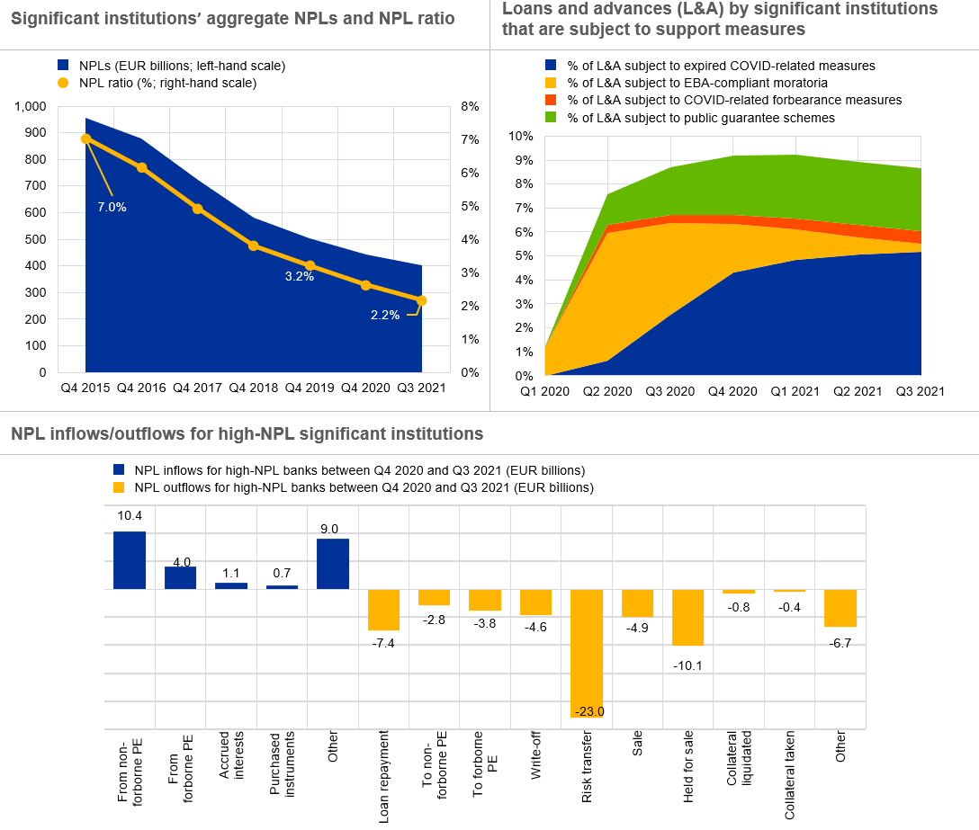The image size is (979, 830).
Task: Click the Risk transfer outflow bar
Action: point(587,653)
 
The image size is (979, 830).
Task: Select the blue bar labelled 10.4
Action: point(130,560)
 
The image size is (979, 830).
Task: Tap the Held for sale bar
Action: point(688,618)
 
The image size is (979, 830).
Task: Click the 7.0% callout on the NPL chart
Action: point(112,207)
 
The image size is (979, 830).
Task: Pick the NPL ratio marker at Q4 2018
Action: point(254,245)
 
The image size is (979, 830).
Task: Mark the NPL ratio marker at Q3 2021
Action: point(421,300)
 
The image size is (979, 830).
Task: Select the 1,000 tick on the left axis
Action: point(31,106)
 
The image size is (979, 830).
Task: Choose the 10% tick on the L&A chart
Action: point(522,137)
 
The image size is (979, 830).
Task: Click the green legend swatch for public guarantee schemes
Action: point(550,118)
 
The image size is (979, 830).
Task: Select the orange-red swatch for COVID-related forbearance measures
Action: point(550,100)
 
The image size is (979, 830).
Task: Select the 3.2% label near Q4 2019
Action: point(299,277)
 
